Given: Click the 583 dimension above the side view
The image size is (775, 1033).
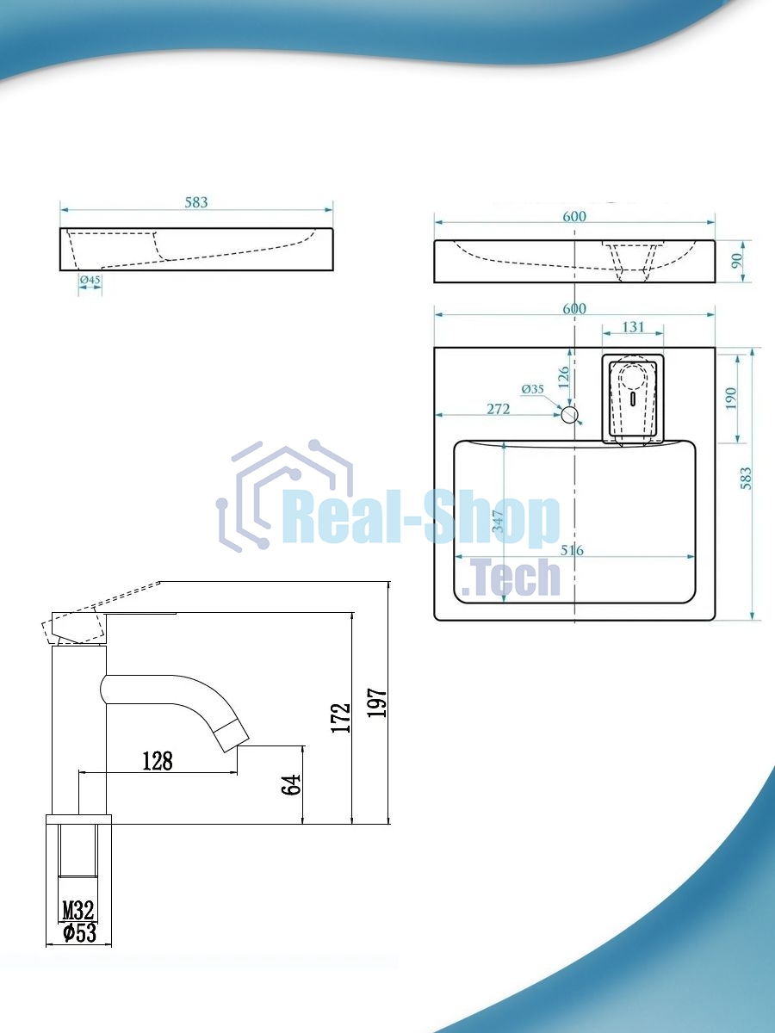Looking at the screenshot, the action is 195,202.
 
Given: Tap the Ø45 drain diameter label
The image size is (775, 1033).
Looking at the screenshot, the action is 90,280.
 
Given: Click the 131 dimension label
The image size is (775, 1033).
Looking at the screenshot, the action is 633,326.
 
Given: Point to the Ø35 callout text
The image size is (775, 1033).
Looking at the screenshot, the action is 533,389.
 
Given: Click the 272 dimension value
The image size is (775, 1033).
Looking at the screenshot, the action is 499,409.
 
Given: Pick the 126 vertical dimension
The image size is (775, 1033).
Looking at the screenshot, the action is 563,376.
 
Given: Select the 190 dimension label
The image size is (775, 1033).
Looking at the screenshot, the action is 731,399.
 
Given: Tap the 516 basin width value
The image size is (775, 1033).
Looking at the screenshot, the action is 572,550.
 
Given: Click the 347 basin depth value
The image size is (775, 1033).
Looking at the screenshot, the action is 498,521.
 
